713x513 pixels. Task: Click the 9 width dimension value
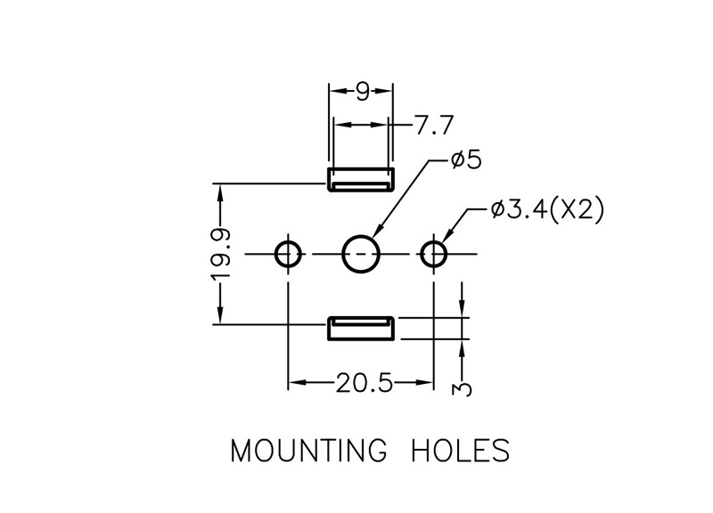(x=363, y=93)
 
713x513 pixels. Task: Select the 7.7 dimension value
(x=434, y=126)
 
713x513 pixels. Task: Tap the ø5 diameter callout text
(x=466, y=160)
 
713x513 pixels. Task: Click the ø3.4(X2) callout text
(x=547, y=210)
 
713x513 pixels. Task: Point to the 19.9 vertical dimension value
(x=221, y=254)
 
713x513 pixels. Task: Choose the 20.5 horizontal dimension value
(x=364, y=383)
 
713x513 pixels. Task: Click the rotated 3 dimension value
(x=462, y=389)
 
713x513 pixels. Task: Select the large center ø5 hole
(x=361, y=254)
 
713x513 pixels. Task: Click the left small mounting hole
(x=288, y=254)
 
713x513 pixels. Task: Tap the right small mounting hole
(x=434, y=254)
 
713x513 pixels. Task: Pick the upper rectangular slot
(x=361, y=180)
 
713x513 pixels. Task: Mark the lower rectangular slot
(x=361, y=328)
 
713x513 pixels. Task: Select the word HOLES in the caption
(x=460, y=451)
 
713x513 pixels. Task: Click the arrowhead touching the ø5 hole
(x=378, y=232)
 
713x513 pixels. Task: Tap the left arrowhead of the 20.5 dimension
(x=296, y=383)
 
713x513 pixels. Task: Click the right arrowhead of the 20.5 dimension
(x=426, y=383)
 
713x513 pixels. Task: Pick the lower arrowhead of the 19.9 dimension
(x=220, y=316)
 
